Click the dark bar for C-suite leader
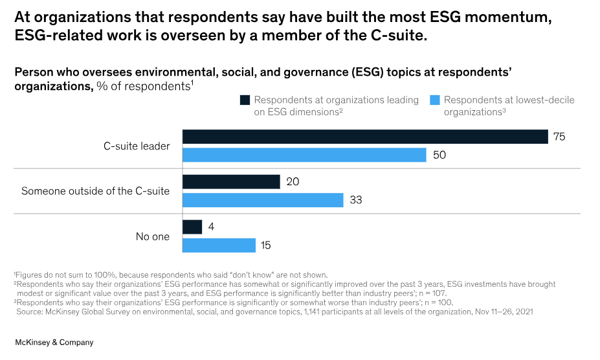[x=365, y=137]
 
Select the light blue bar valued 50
[x=304, y=155]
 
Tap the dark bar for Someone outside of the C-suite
[x=231, y=182]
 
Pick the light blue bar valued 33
[x=263, y=200]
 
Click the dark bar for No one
[x=192, y=227]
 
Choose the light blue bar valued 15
[x=219, y=245]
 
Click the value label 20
[x=292, y=182]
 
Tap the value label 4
[x=210, y=227]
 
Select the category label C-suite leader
[x=137, y=146]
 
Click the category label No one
[x=152, y=236]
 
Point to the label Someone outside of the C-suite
[x=95, y=191]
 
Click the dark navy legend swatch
[x=245, y=100]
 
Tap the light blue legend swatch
[x=435, y=100]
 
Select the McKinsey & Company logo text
[x=54, y=343]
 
